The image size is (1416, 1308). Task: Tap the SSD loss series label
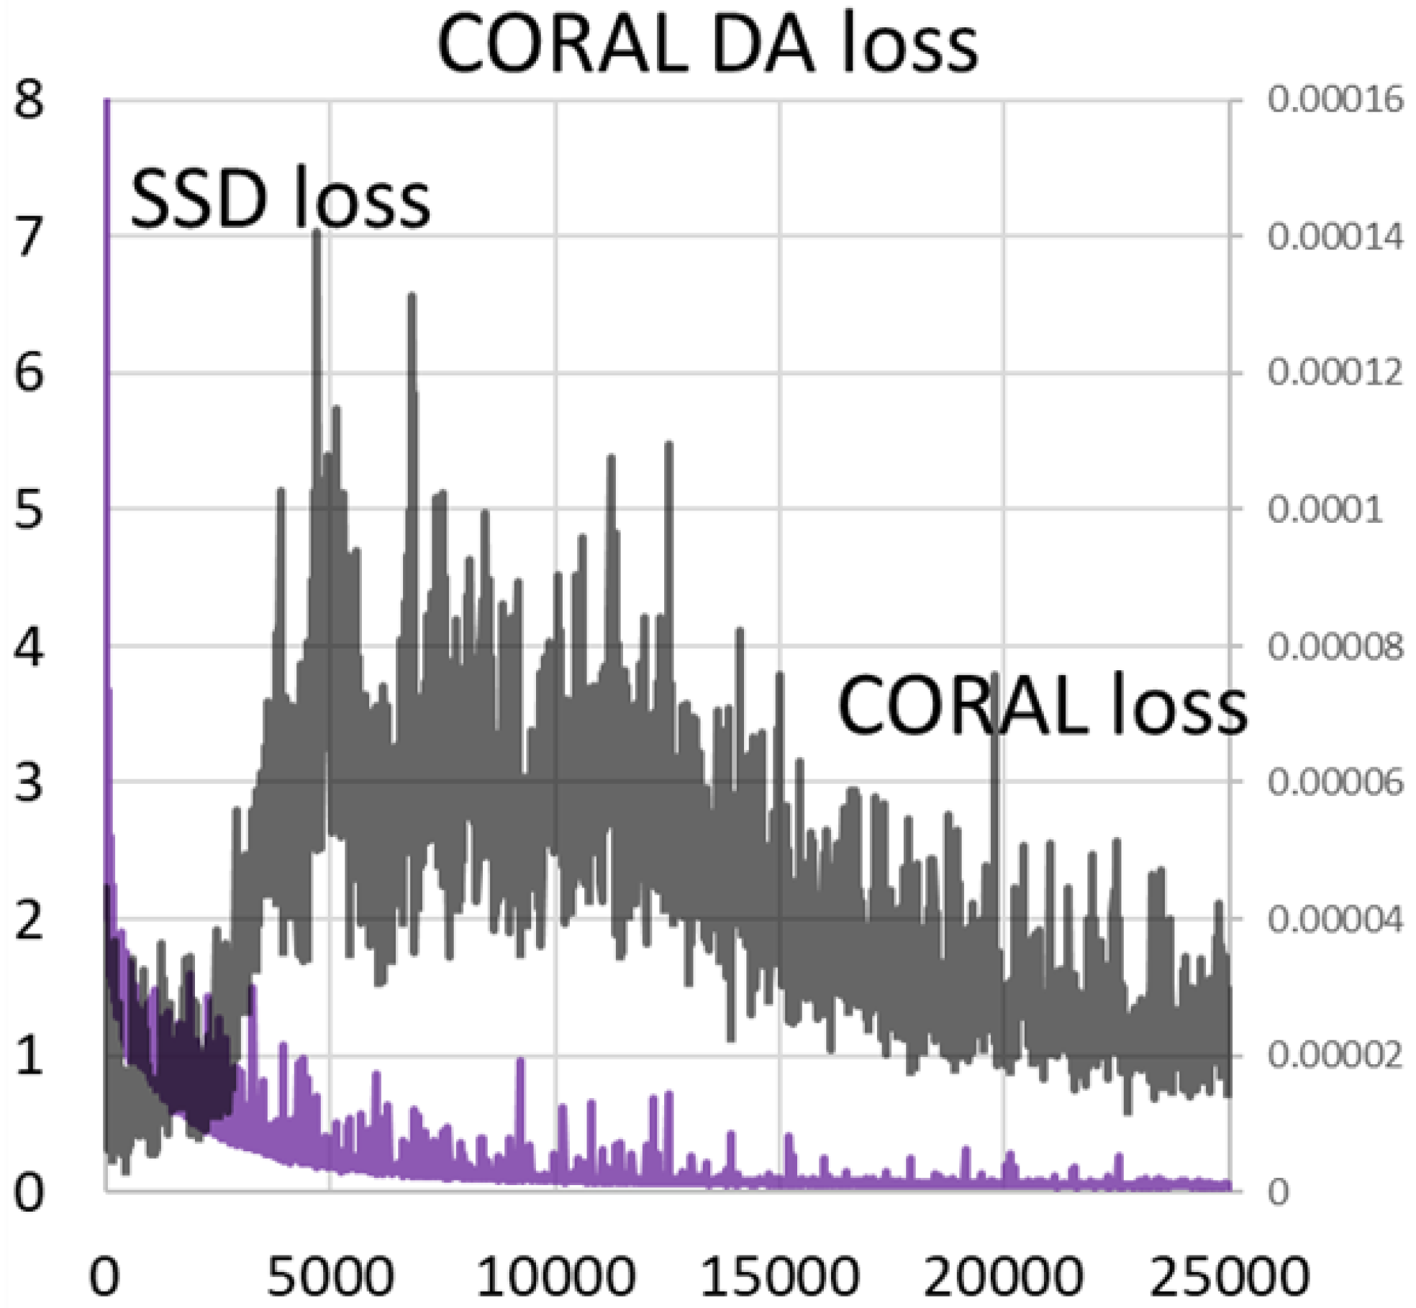281,199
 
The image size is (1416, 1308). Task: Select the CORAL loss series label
1042,705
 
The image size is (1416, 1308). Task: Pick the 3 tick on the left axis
29,782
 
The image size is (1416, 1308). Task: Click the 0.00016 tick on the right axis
1335,99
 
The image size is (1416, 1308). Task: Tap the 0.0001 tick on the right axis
1325,510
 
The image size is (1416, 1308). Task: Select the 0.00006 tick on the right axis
1335,782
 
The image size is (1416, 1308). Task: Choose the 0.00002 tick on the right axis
1335,1056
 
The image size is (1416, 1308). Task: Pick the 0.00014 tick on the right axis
1335,237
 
